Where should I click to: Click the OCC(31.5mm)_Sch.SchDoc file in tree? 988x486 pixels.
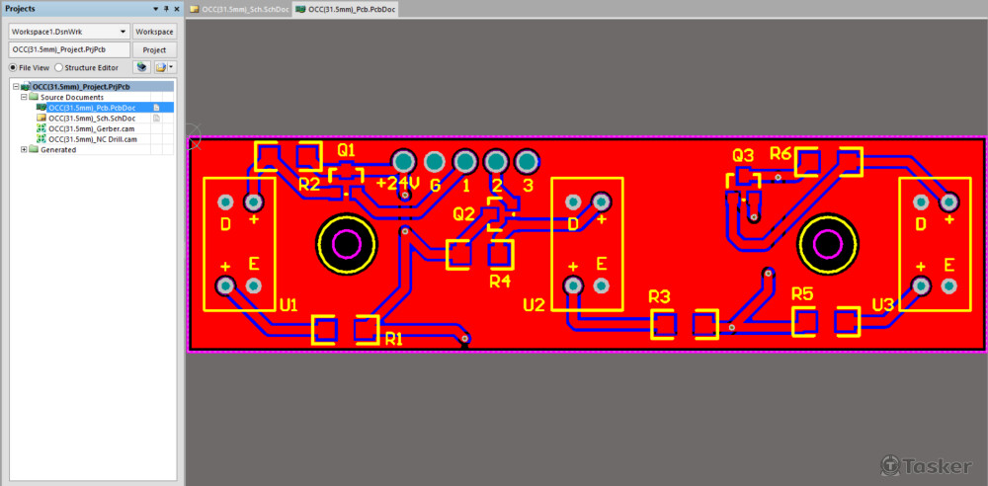tap(91, 118)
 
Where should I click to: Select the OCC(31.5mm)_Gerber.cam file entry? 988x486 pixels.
tap(91, 128)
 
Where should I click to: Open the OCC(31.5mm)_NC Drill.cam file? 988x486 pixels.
tap(93, 139)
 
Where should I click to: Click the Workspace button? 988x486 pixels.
tap(154, 32)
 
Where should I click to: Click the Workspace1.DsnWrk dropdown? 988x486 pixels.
tap(69, 32)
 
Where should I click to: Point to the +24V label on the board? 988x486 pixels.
tap(397, 184)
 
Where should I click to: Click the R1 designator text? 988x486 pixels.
tap(394, 339)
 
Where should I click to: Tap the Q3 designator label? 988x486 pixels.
tap(743, 155)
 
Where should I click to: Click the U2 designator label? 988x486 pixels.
tap(534, 305)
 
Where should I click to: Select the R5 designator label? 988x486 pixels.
tap(802, 294)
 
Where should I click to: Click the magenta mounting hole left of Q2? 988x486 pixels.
tap(347, 243)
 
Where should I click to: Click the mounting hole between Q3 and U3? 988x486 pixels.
tap(826, 243)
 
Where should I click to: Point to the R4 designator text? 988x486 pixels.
tap(501, 281)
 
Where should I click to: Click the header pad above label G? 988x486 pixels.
tap(434, 161)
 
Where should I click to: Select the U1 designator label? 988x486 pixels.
tap(288, 305)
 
